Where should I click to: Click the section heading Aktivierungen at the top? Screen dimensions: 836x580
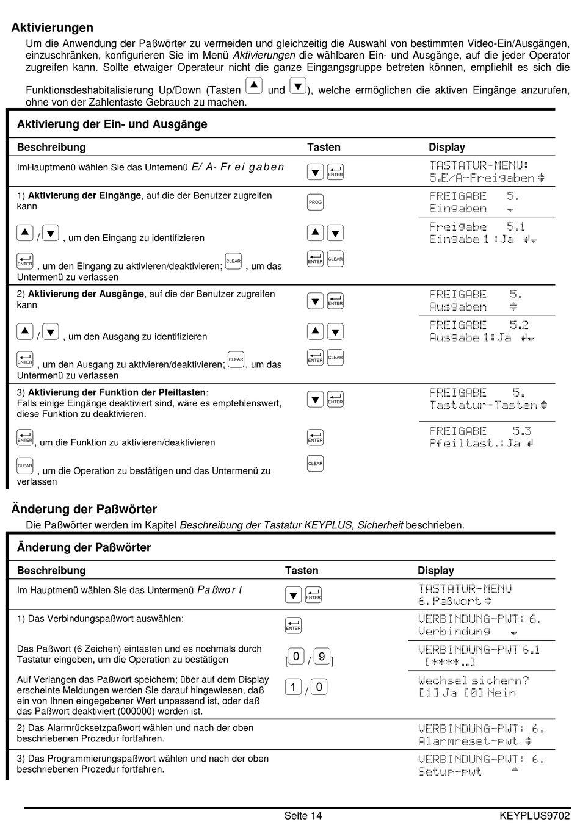[53, 27]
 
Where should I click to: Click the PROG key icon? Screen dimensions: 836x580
[315, 202]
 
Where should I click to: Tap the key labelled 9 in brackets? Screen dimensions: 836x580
[322, 657]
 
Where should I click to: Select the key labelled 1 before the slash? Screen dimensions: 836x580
[293, 687]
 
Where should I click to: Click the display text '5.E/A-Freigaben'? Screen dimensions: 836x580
[482, 178]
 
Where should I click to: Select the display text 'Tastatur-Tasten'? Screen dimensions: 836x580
[483, 405]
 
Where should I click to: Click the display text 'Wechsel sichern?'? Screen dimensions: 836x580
[473, 680]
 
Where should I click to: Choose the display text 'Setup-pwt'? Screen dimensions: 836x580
[450, 772]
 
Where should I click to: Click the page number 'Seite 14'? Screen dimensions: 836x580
[303, 816]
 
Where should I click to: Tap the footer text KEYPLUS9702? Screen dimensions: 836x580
[534, 816]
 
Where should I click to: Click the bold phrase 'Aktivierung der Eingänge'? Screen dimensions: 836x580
[85, 196]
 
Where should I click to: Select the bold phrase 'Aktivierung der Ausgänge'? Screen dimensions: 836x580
[86, 294]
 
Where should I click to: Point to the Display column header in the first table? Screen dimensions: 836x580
[446, 147]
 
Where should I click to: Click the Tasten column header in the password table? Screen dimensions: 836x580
[302, 571]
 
